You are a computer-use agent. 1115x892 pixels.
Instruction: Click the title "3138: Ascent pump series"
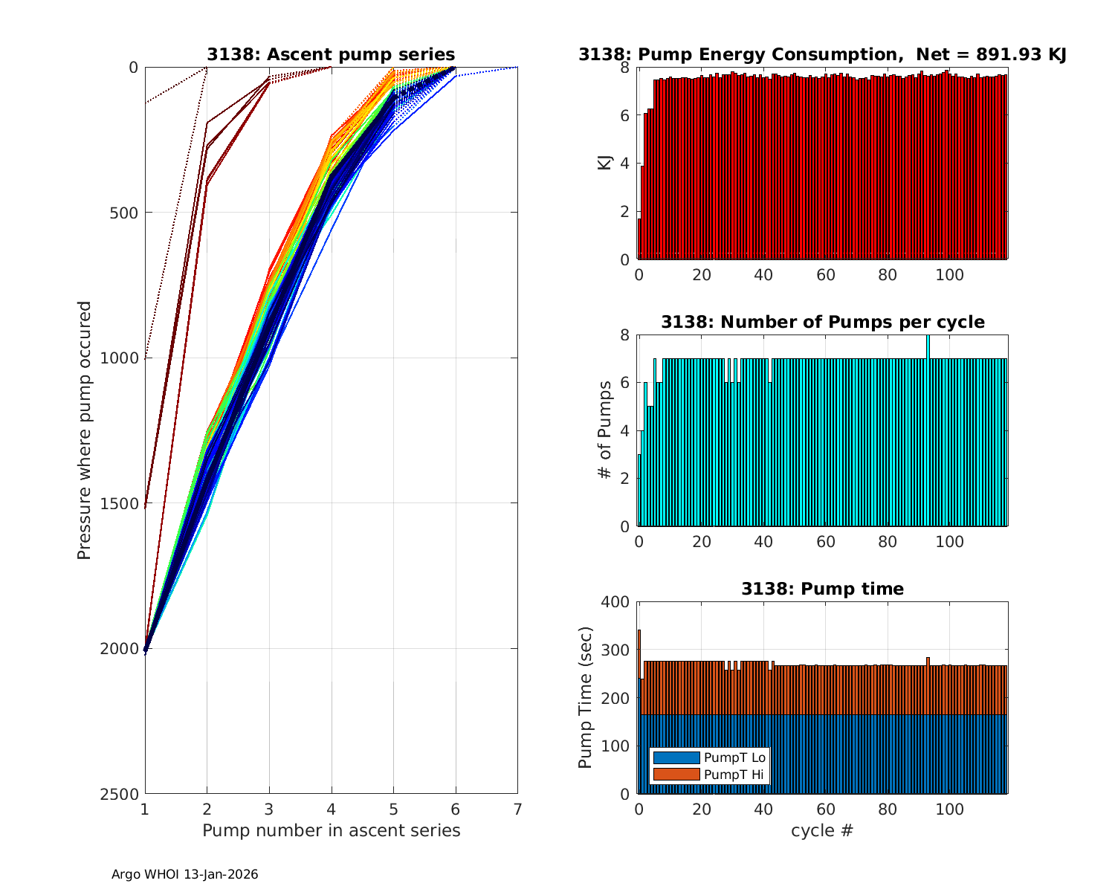(331, 54)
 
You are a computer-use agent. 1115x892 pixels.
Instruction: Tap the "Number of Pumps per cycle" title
(822, 322)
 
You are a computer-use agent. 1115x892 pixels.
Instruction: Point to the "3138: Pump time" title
(822, 589)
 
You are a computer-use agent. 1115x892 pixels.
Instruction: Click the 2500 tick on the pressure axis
(122, 794)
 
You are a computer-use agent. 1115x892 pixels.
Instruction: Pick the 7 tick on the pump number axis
(517, 809)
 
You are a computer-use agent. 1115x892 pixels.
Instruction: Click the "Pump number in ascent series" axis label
(331, 830)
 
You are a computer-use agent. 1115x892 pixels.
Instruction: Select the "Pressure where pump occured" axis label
(85, 430)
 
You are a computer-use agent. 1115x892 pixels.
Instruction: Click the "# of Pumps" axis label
(605, 430)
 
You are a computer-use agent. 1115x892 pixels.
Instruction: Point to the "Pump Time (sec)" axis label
(586, 698)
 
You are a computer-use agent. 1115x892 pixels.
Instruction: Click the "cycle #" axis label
(822, 830)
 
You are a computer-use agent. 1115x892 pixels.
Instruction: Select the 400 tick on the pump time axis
(616, 601)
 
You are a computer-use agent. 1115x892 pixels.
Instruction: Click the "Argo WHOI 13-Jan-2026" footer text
(184, 875)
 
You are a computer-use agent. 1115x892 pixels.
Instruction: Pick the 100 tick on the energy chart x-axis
(950, 275)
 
